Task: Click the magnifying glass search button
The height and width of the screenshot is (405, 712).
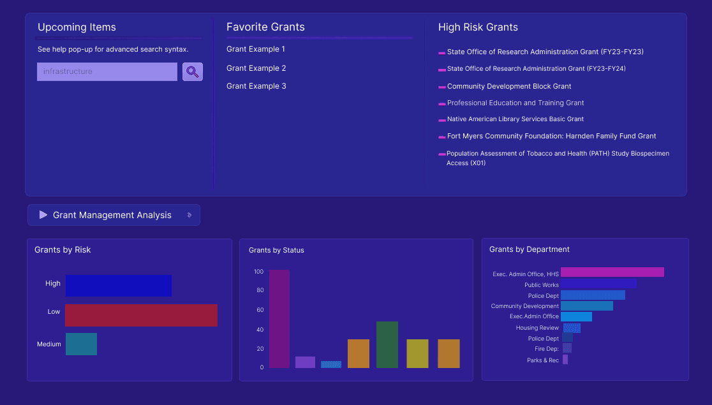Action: [193, 71]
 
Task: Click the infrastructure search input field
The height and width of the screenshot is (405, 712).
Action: [107, 71]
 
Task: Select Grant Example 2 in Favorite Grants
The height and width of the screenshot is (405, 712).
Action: [256, 68]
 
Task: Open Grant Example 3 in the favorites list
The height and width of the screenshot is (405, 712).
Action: [256, 86]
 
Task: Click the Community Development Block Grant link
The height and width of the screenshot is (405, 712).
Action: [508, 86]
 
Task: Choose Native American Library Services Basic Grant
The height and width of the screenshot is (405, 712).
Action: [515, 119]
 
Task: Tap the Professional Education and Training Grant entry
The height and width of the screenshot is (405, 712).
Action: [515, 103]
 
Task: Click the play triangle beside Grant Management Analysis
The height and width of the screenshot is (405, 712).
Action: [43, 215]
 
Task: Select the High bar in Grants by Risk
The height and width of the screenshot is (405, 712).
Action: [118, 286]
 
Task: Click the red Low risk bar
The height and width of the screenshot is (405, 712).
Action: [141, 315]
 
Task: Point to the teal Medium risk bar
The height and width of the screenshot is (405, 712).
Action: [81, 344]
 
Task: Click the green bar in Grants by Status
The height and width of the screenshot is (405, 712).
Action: [387, 344]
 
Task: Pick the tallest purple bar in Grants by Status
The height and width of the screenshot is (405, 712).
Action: [279, 319]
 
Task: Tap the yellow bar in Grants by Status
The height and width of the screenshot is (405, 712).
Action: [417, 353]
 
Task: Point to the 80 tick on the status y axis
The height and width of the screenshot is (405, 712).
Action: [260, 291]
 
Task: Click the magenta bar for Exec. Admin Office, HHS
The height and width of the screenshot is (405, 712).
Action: [612, 272]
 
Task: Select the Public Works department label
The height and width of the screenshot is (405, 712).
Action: [541, 285]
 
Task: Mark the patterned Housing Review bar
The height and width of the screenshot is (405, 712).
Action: [572, 328]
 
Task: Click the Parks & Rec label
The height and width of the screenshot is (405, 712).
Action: [543, 360]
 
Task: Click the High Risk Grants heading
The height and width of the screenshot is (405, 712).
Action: [478, 27]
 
